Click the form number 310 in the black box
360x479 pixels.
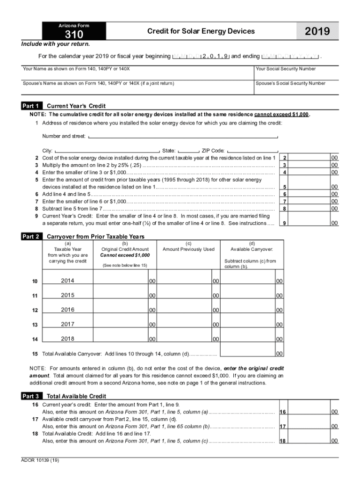coord(73,35)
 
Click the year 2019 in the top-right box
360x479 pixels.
coord(317,31)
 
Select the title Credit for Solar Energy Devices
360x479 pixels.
coord(201,31)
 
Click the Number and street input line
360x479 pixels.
coord(183,137)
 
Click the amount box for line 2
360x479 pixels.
coord(309,158)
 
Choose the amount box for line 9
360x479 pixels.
coord(309,223)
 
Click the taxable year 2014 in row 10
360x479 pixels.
coord(67,281)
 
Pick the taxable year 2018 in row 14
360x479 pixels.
coord(67,338)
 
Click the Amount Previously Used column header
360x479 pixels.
coord(188,249)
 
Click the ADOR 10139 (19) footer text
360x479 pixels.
coord(40,460)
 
